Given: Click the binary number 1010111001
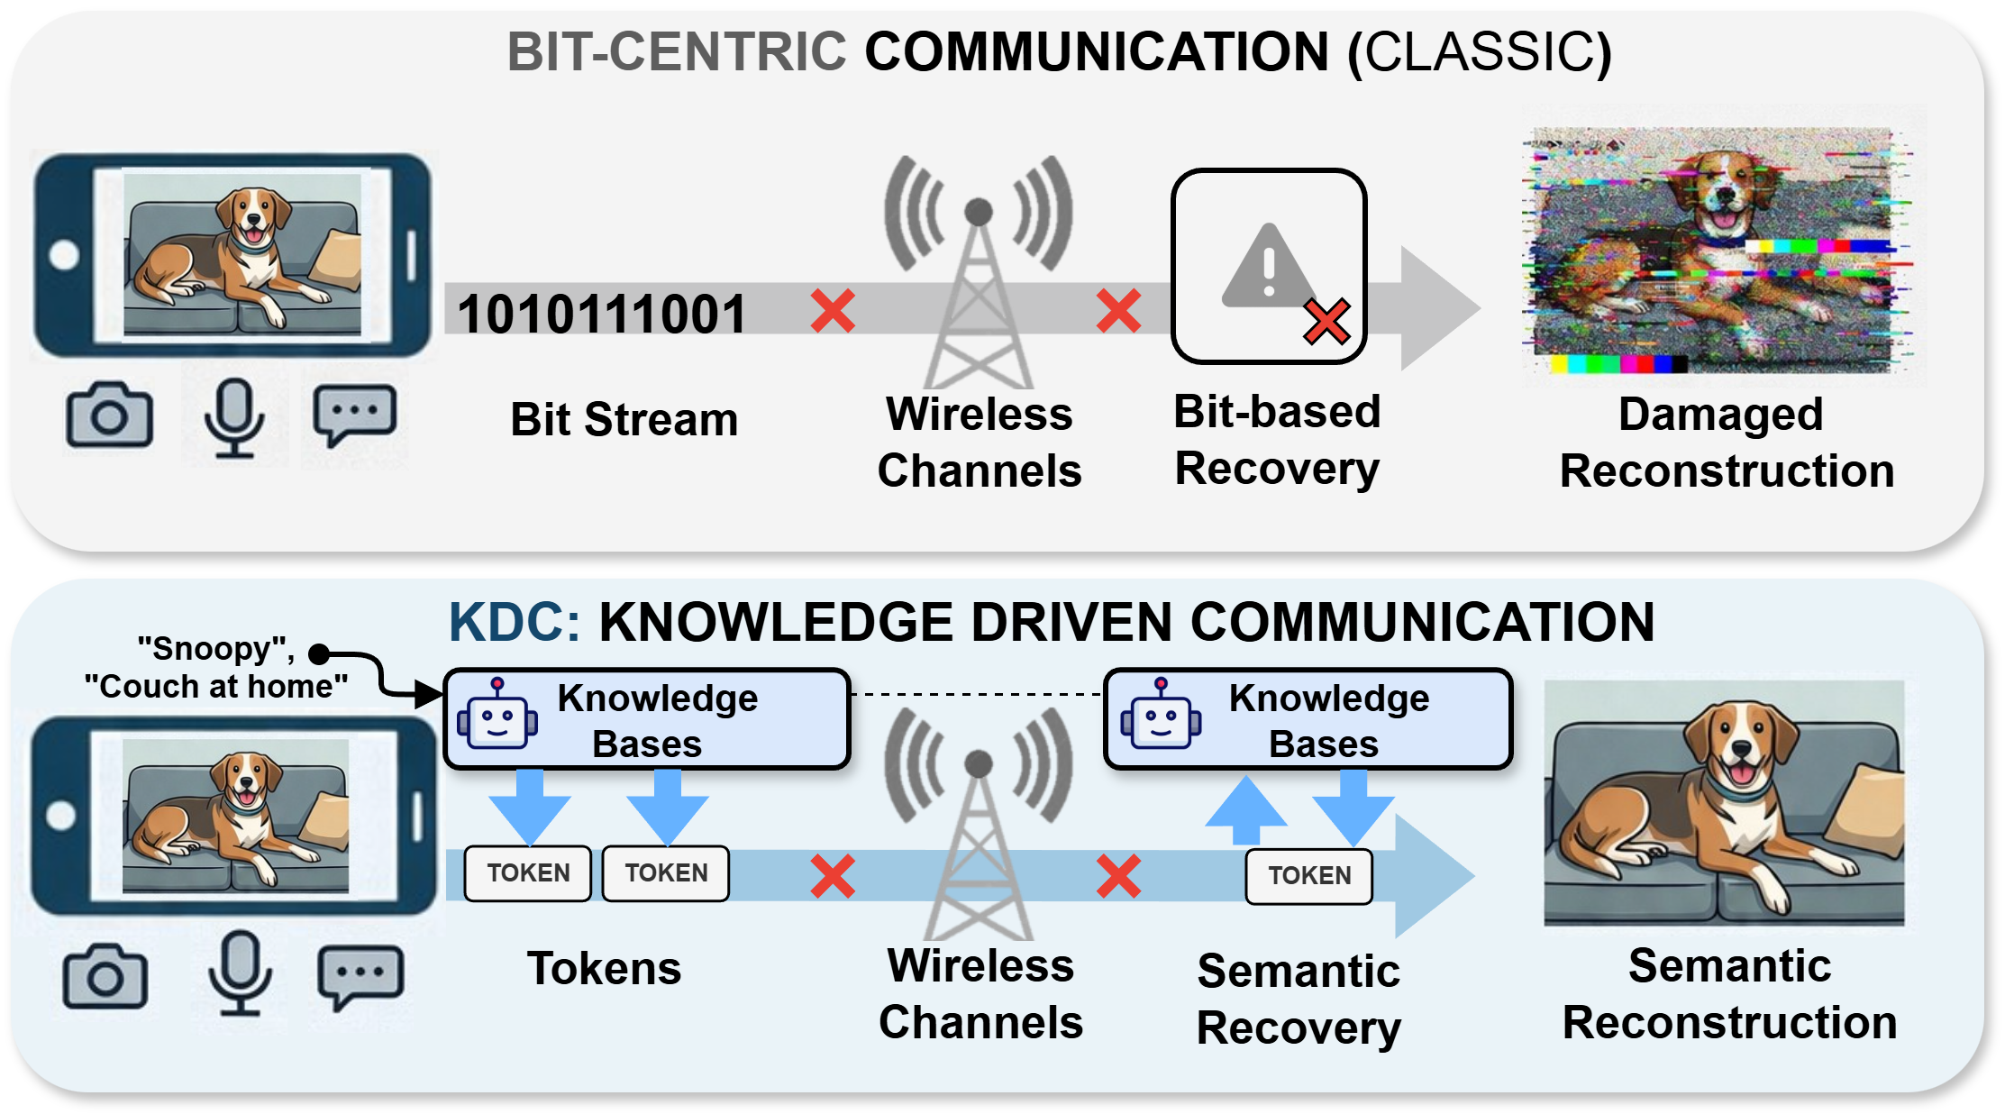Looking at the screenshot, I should (602, 314).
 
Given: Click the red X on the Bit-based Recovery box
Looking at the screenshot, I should (1326, 322).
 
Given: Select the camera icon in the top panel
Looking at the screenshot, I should (110, 415).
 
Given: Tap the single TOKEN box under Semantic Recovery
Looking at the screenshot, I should (1308, 875).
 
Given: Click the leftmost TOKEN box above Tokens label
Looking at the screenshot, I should (528, 872).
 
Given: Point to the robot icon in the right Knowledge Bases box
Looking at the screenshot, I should (1161, 716).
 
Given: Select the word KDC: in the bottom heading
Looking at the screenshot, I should (515, 622).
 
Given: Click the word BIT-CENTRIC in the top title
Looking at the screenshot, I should (677, 51).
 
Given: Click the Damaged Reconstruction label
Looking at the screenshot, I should (1726, 443).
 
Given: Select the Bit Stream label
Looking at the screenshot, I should (624, 420).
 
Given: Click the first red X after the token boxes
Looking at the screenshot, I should (833, 875).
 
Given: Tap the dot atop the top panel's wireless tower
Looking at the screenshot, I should (979, 212).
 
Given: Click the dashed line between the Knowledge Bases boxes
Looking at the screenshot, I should (977, 695).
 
